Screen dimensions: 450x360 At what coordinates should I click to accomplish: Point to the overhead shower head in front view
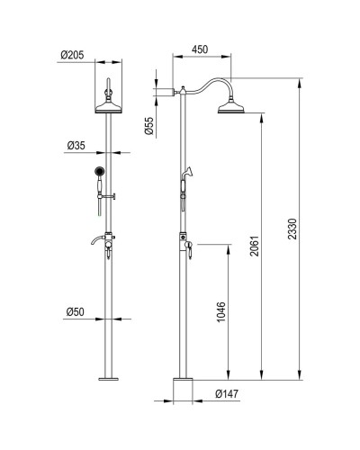pyautogui.click(x=109, y=109)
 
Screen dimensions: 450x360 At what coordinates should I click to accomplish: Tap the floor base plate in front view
pyautogui.click(x=109, y=380)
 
